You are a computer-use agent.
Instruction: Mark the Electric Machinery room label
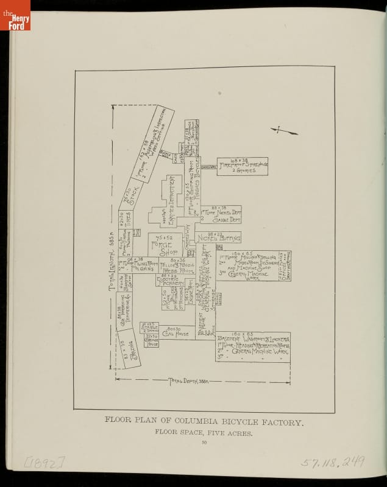(174, 281)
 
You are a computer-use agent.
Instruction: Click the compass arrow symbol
(285, 131)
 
